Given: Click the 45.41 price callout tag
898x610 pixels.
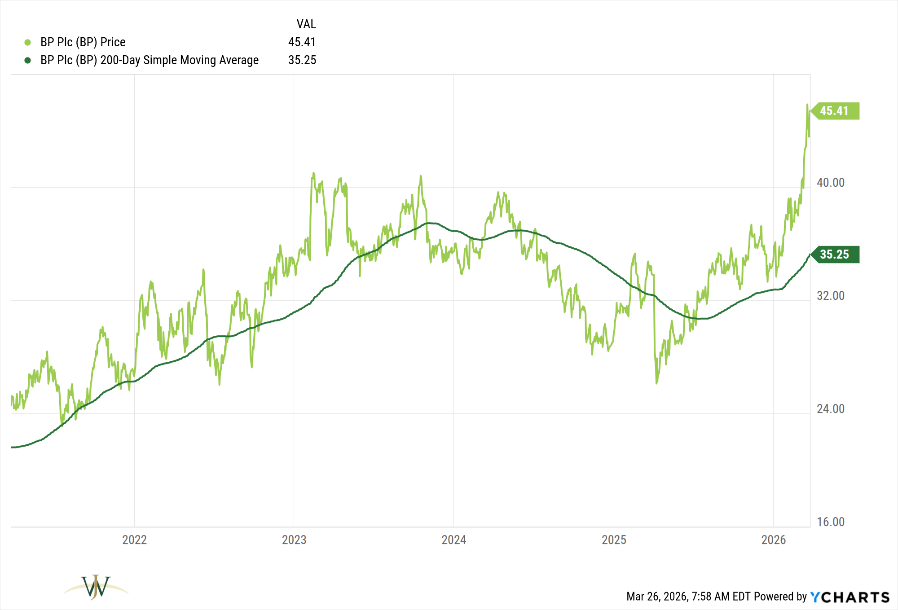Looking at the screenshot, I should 834,111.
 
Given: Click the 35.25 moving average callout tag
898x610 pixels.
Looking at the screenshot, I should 834,255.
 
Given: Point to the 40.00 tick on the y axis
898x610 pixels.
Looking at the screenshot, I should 830,183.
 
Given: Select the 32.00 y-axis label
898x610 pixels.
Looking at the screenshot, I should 830,296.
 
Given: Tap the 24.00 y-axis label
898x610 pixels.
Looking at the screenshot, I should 830,409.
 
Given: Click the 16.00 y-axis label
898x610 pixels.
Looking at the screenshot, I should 830,522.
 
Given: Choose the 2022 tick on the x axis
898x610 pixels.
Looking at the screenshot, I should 134,540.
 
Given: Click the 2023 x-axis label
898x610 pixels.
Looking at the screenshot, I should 294,540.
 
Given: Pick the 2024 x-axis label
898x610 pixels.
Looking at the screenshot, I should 453,540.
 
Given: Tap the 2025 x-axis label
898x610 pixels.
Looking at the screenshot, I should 614,540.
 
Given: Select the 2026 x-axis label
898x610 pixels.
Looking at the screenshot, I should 773,540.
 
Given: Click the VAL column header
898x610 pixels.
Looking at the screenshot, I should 306,24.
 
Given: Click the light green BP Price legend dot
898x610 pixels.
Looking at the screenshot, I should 27,42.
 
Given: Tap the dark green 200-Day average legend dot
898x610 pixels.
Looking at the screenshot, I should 27,60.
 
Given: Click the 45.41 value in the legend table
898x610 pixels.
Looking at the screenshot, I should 302,42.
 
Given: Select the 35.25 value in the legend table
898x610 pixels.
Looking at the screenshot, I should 302,60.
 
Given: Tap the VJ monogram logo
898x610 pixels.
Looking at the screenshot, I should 96,587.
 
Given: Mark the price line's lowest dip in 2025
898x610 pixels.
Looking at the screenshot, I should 656,383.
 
